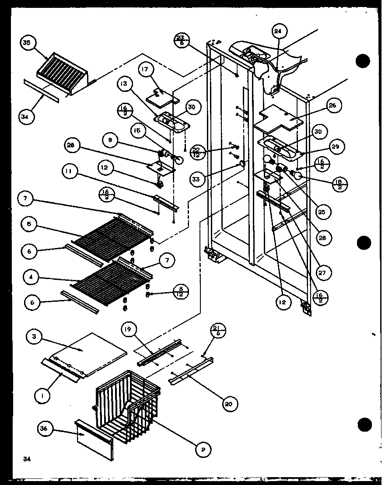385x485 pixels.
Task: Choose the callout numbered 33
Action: [x=197, y=179]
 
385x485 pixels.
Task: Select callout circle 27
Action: [x=324, y=272]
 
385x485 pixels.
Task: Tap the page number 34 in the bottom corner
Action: [x=27, y=458]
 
